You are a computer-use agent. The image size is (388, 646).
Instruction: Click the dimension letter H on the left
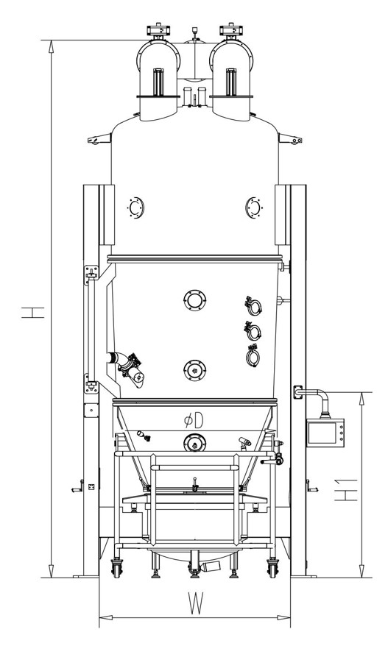[33, 313]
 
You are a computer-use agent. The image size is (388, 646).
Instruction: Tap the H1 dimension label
[345, 490]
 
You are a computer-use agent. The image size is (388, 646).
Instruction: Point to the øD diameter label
[194, 420]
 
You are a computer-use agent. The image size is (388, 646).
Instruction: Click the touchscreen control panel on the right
[325, 433]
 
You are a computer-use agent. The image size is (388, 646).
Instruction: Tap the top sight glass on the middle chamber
[194, 300]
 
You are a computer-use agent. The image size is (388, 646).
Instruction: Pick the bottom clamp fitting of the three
[253, 355]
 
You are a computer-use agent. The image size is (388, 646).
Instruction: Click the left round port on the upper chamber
[135, 207]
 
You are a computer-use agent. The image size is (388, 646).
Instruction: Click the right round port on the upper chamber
[253, 207]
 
